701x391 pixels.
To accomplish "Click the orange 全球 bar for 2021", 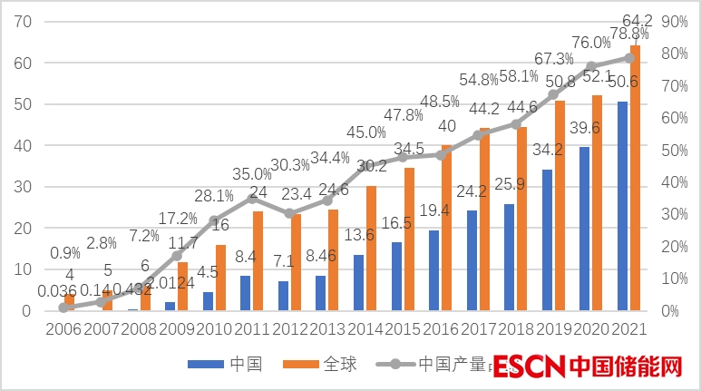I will click(635, 178).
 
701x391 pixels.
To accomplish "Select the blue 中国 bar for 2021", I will click(622, 206).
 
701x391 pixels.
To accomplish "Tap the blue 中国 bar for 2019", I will click(547, 239).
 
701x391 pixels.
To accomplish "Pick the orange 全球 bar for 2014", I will click(371, 248).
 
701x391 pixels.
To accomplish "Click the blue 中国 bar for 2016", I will click(433, 270).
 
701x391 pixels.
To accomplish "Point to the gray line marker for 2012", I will click(288, 213).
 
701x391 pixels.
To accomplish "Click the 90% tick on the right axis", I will click(677, 22).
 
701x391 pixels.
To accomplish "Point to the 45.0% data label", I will click(365, 132).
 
